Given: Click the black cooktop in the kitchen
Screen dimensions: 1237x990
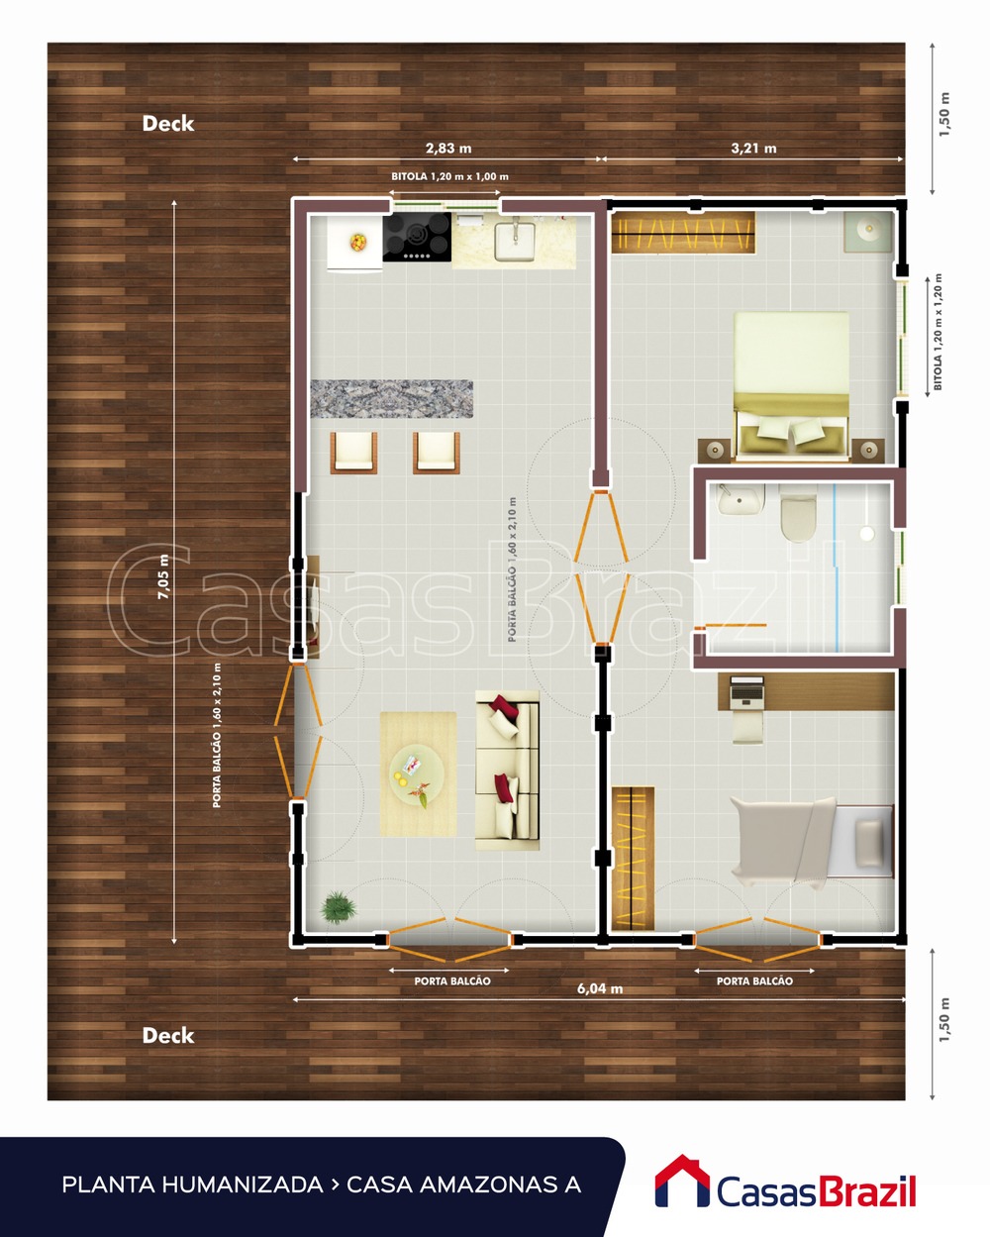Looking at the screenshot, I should pos(417,238).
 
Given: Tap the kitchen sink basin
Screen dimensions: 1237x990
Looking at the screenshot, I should pos(514,239).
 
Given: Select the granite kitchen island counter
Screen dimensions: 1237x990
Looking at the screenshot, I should pos(391,398).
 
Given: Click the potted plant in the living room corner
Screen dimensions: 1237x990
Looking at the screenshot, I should pos(338,906).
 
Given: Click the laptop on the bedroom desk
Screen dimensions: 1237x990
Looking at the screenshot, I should pos(747,690).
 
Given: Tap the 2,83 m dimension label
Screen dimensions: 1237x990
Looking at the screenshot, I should pos(448,149).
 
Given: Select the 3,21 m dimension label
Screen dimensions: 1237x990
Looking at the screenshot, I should pos(753,149).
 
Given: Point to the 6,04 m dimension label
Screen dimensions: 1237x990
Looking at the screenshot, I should pos(600,988).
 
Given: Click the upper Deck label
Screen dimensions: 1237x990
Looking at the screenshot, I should pos(167,124).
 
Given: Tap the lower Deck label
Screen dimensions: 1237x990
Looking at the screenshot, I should pos(167,1036).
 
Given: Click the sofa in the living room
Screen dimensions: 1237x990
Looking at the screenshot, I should pos(507,770).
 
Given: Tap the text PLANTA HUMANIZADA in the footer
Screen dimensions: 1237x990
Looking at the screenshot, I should pos(192,1185).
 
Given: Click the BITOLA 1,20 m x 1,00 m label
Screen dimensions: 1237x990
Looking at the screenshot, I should pos(449,176).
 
